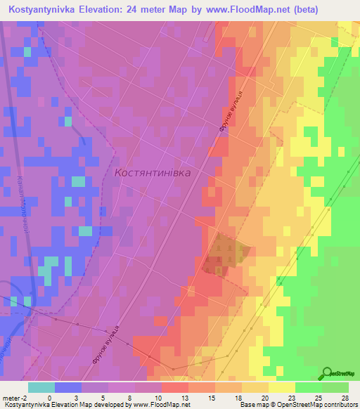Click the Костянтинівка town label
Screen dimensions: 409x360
[x=153, y=171]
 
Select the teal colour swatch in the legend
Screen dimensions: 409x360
[x=41, y=387]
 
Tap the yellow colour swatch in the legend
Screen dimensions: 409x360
[x=282, y=387]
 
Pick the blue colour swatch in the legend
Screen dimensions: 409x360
[x=68, y=387]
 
